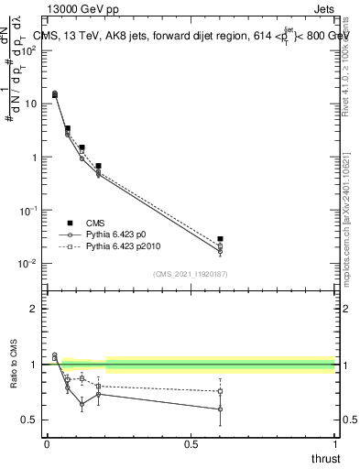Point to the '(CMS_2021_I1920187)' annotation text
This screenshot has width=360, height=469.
191,274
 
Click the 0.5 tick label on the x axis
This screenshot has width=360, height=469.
191,445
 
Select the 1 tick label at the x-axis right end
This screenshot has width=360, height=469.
333,445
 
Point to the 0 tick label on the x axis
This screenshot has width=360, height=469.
47,445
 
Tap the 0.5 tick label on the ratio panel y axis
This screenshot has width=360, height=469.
29,420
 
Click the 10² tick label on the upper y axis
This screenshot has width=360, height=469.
29,50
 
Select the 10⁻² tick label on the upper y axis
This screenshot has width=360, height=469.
29,264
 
